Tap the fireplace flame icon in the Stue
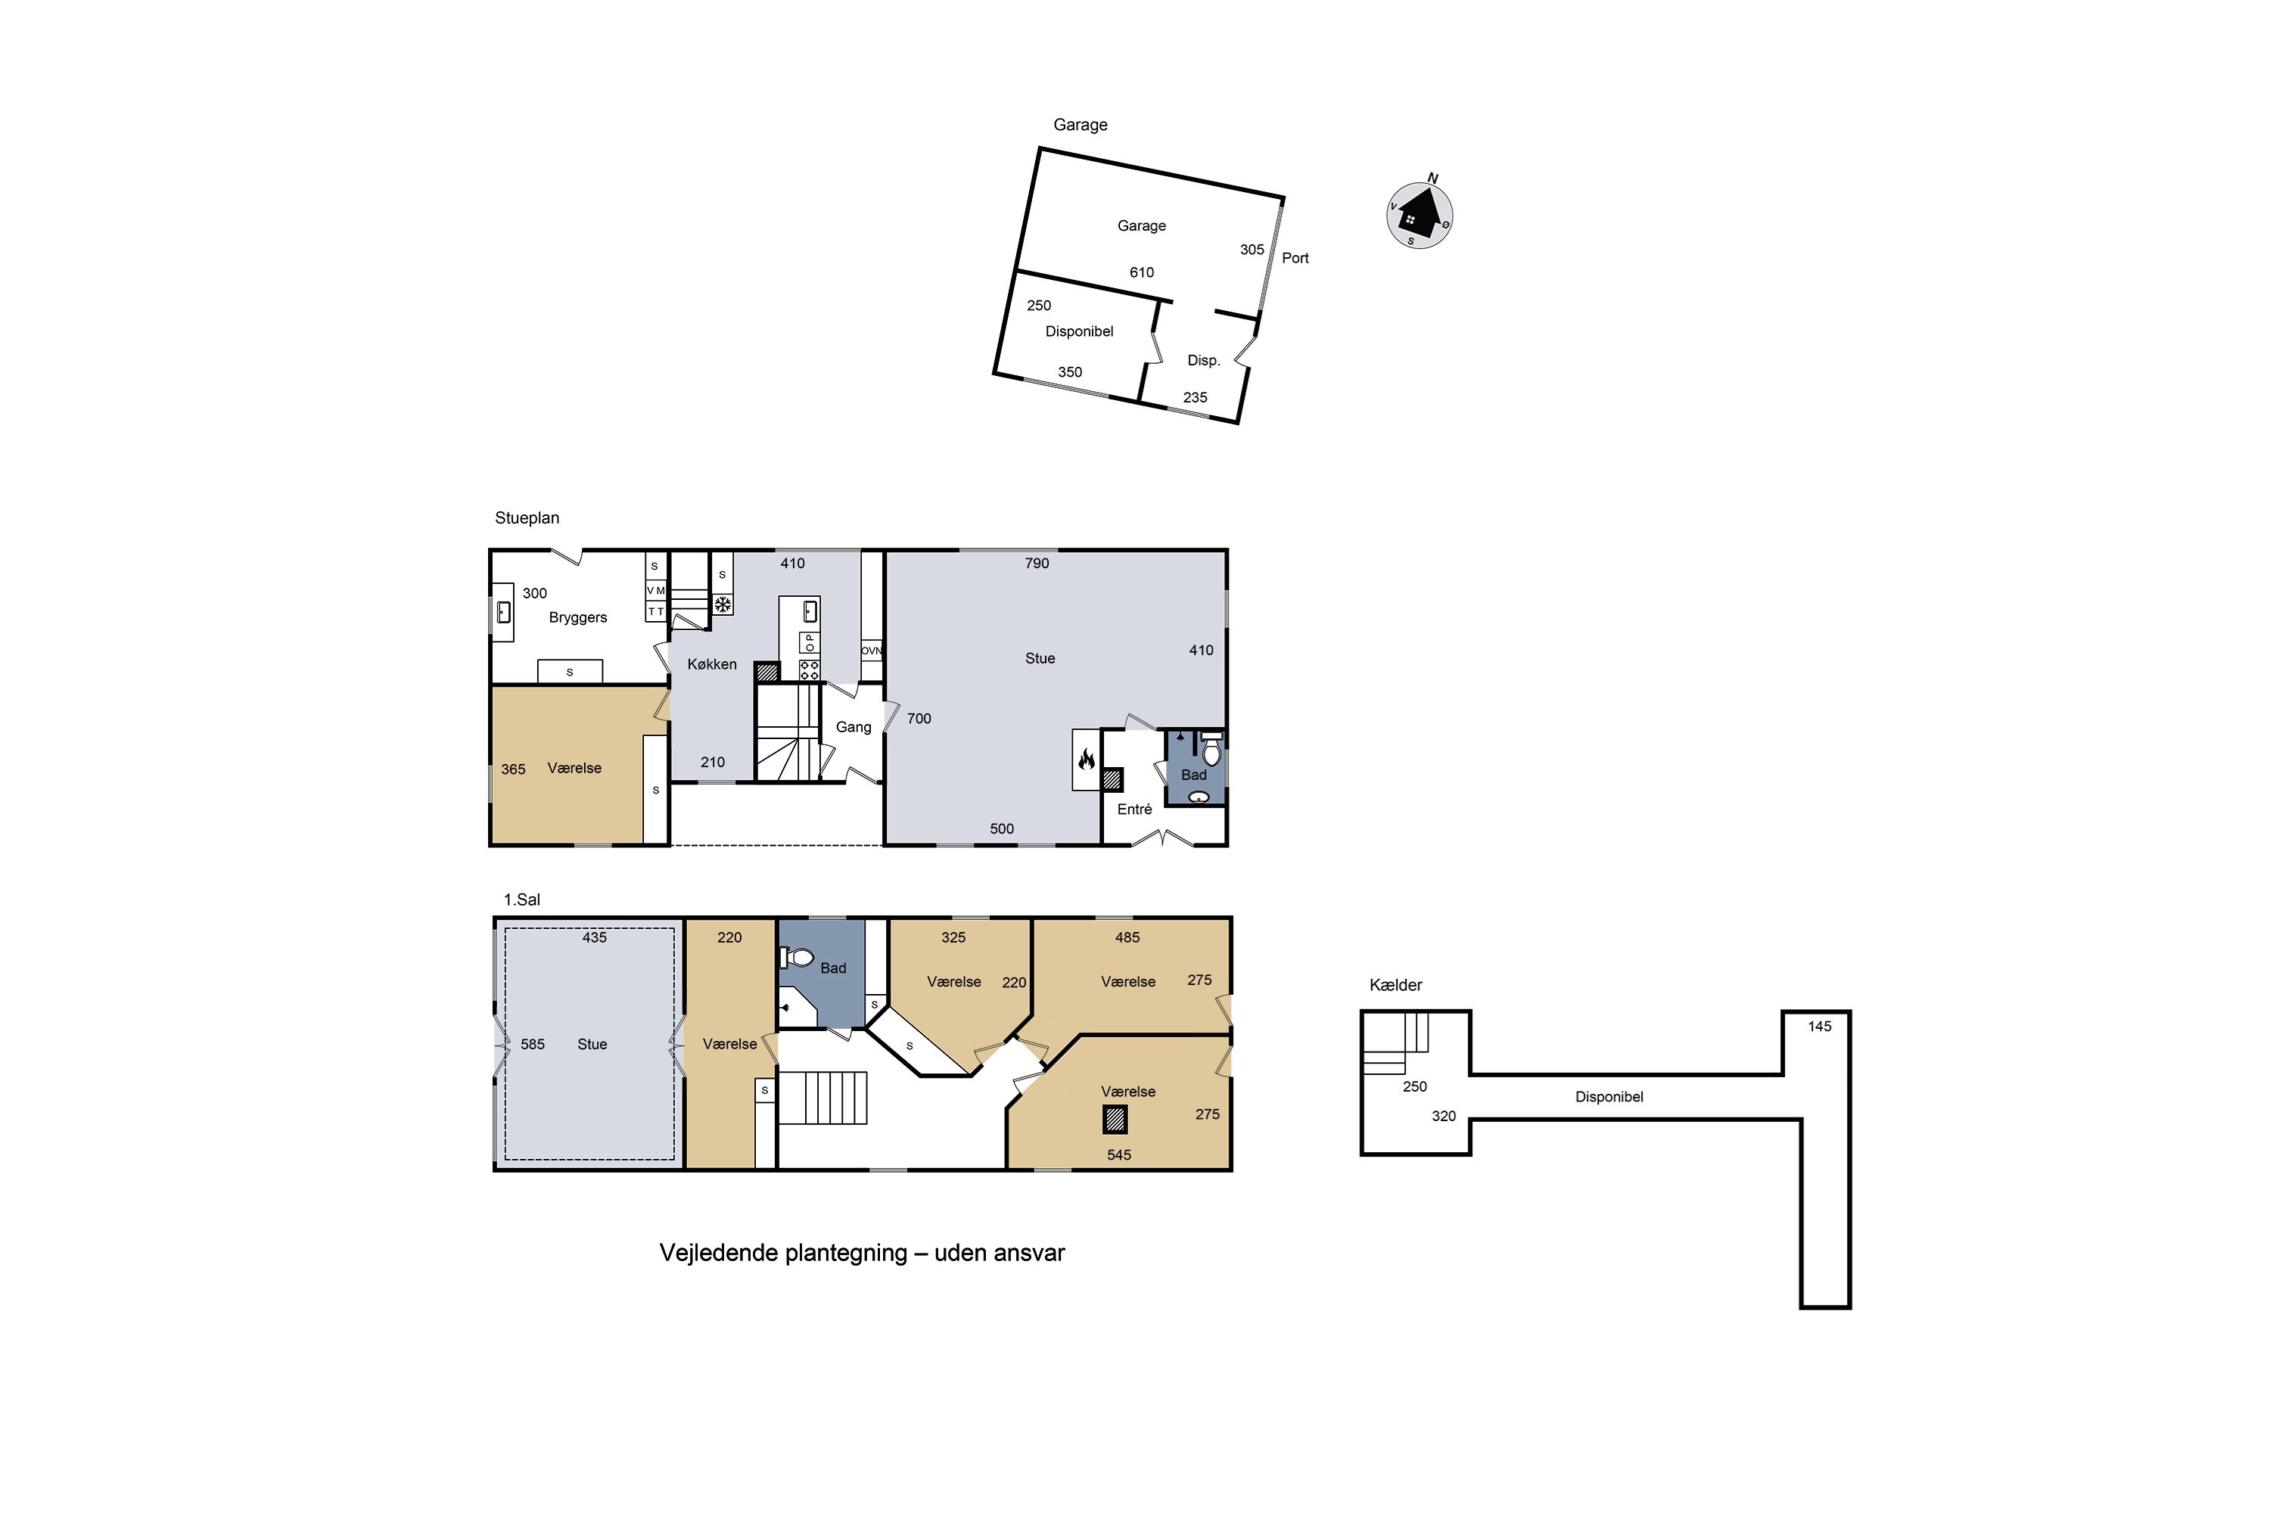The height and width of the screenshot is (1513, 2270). pyautogui.click(x=1087, y=760)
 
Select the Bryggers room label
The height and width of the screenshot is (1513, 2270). pyautogui.click(x=578, y=617)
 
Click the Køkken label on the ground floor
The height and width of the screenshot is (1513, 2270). pyautogui.click(x=712, y=664)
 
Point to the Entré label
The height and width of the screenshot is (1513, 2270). pyautogui.click(x=1135, y=809)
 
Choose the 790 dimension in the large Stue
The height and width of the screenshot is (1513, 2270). pyautogui.click(x=1037, y=564)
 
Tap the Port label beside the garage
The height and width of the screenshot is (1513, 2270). pyautogui.click(x=1295, y=258)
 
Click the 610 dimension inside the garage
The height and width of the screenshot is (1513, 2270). pyautogui.click(x=1142, y=272)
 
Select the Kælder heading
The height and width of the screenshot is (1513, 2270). pyautogui.click(x=1395, y=985)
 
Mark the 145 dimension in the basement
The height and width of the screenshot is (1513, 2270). pyautogui.click(x=1819, y=1027)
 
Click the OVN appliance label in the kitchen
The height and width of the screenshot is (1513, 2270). pyautogui.click(x=872, y=651)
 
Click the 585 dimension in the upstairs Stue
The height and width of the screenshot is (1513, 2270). pyautogui.click(x=533, y=1044)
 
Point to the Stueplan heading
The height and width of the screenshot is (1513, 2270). pyautogui.click(x=527, y=518)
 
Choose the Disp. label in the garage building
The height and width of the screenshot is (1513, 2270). pyautogui.click(x=1204, y=361)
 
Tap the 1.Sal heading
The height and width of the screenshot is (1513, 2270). pyautogui.click(x=521, y=899)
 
